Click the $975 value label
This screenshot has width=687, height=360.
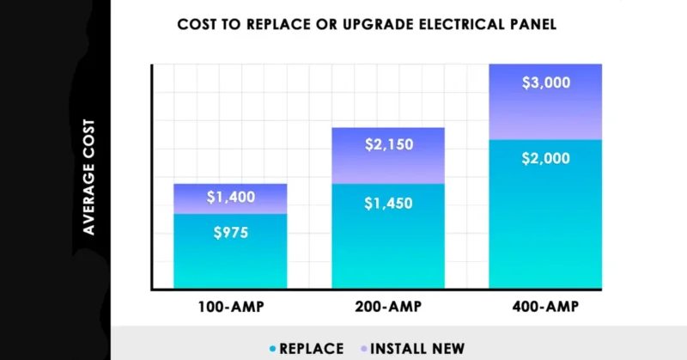coord(230,233)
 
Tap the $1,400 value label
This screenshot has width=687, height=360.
coord(230,198)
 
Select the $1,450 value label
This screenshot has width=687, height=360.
coord(387,204)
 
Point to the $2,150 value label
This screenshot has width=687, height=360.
coord(387,144)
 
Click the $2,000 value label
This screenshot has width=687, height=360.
coord(545,159)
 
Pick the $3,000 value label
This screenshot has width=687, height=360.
coord(545,83)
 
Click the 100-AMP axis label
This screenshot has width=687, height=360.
coord(230,307)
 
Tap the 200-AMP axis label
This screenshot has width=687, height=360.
coord(387,307)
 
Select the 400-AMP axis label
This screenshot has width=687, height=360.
coord(545,307)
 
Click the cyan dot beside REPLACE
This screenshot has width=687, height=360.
coord(272,349)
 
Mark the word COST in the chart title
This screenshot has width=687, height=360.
coord(198,24)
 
